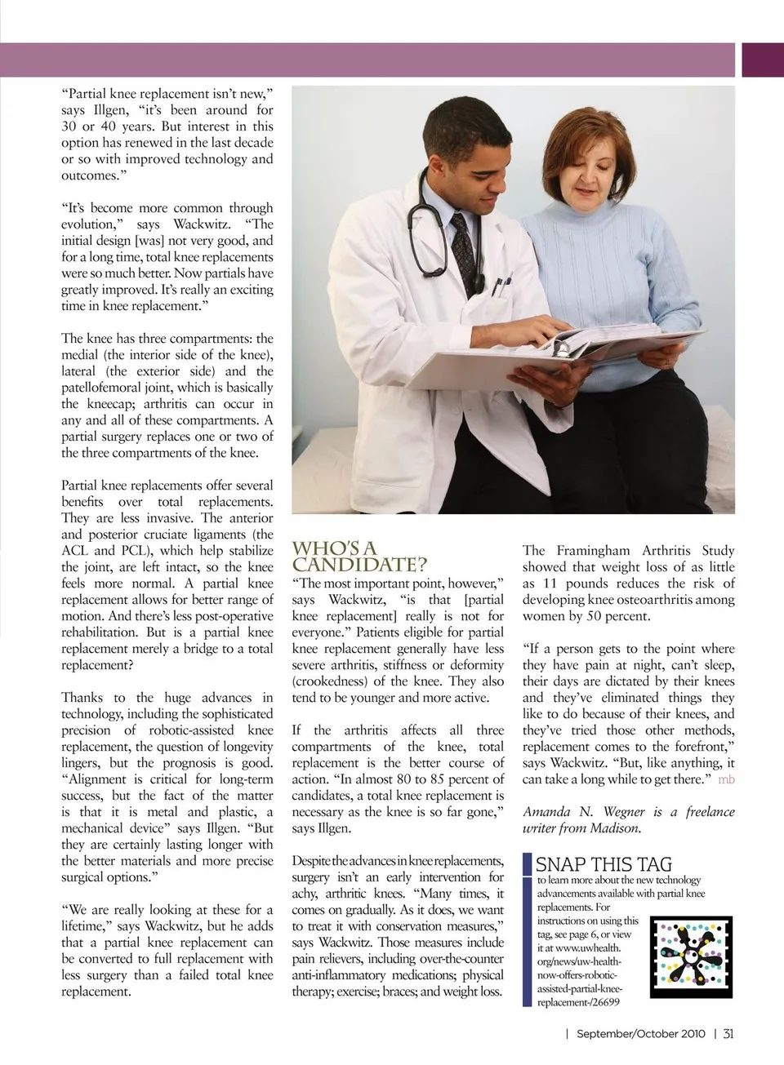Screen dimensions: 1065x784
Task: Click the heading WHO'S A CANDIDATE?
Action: pos(359,556)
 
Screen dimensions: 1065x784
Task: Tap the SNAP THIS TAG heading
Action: pos(604,864)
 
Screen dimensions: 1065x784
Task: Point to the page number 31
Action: pos(728,1033)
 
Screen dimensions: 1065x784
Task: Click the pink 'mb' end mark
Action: pos(726,779)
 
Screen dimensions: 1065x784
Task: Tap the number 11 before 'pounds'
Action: pos(550,584)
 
